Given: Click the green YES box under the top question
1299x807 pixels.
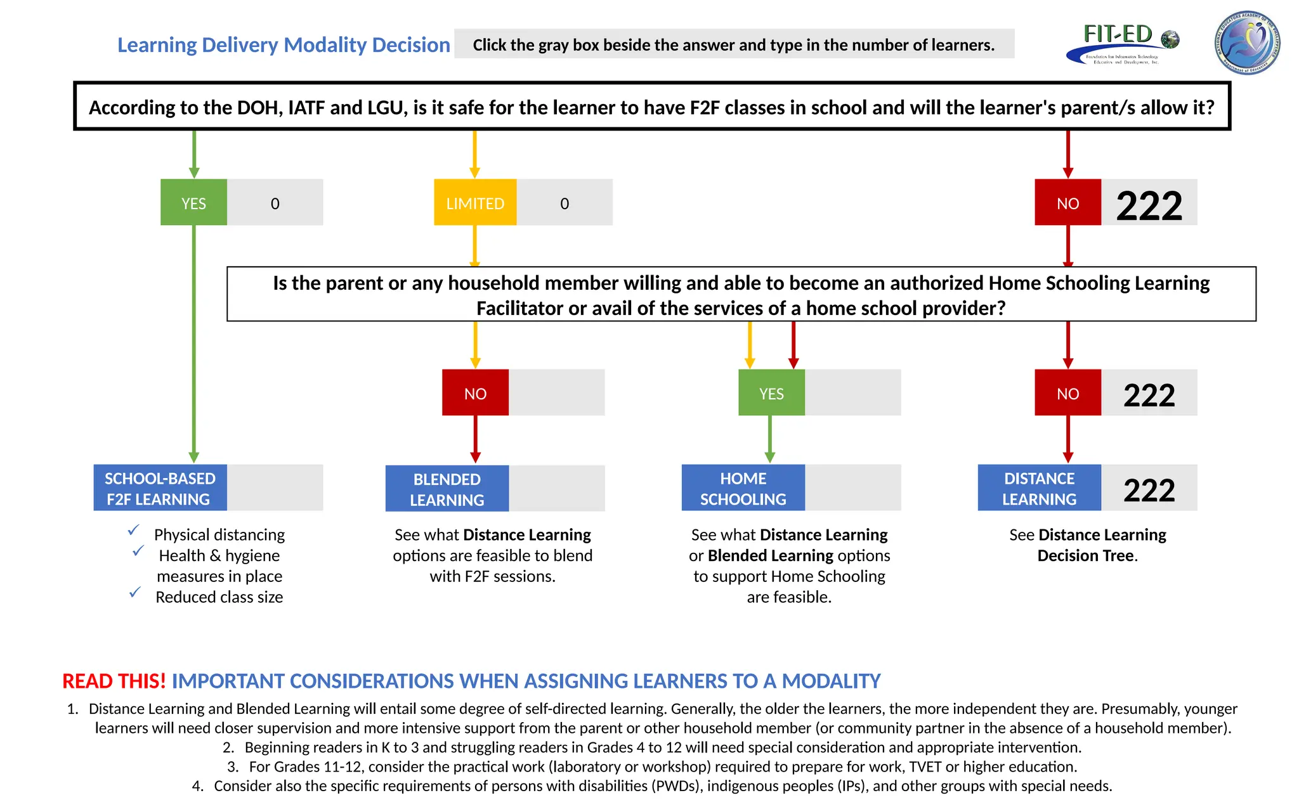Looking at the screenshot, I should [x=193, y=202].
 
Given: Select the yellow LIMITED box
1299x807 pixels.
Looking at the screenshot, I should [x=475, y=202].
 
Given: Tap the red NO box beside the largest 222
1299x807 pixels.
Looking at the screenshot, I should [x=1067, y=202].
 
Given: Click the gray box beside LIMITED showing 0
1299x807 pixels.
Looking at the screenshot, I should [x=565, y=202].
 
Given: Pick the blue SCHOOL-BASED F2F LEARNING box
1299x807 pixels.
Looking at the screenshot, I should [x=160, y=487].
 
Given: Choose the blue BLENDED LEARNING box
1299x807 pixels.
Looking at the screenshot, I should [x=447, y=489].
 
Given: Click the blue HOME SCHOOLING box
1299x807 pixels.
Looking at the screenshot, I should [x=743, y=487].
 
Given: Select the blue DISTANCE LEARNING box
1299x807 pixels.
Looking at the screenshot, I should [x=1039, y=487].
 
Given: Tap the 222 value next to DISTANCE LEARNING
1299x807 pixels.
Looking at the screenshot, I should [x=1149, y=489].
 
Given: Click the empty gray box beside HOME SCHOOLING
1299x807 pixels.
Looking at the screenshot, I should [x=852, y=487].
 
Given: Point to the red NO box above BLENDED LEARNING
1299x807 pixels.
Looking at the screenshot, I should [x=475, y=392].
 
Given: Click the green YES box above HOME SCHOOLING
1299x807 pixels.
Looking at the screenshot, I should [x=771, y=392].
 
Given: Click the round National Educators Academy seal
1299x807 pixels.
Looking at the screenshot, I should [x=1247, y=43].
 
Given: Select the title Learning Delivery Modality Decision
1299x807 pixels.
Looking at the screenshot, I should [x=284, y=45].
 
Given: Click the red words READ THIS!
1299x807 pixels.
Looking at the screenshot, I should [x=114, y=681].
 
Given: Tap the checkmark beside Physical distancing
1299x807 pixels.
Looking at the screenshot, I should [x=134, y=529].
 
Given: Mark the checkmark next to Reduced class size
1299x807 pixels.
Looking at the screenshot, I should [x=134, y=592].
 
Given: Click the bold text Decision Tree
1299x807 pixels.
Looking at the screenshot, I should [x=1085, y=556].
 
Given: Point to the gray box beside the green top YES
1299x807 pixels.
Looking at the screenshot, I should [x=275, y=202].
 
